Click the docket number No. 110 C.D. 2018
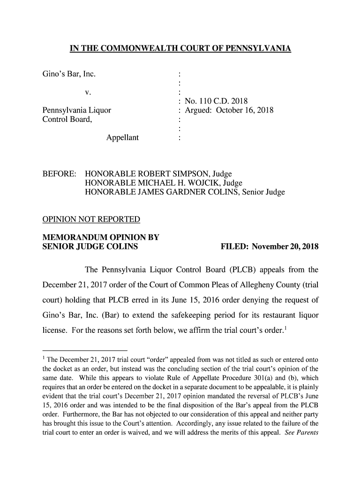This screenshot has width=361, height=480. click(216, 101)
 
